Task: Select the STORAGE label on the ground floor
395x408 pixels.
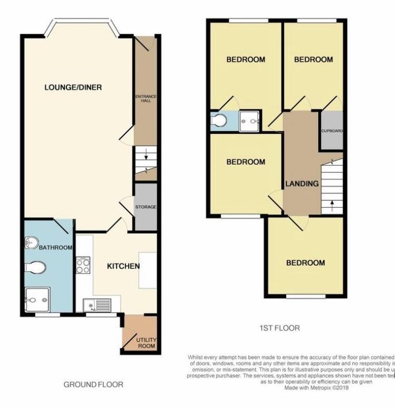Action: click(x=146, y=207)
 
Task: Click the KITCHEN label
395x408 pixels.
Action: click(x=123, y=266)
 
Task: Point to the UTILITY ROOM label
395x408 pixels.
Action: click(x=146, y=343)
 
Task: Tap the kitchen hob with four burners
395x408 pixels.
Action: click(x=83, y=266)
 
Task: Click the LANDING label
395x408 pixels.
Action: click(x=302, y=183)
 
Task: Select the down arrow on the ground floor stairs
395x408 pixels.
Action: click(x=145, y=155)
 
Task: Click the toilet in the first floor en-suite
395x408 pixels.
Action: click(x=219, y=121)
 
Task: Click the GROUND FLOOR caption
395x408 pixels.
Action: click(x=94, y=385)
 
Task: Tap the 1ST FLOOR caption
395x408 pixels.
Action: click(x=280, y=328)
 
